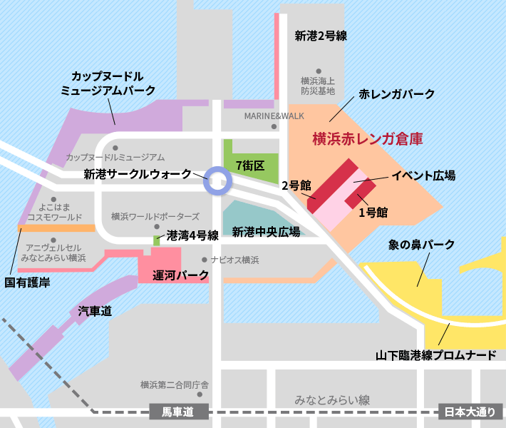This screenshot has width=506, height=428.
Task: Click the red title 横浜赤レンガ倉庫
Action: pos(368,139)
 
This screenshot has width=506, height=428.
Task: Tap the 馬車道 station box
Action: pos(179,412)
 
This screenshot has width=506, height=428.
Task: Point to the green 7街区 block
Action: pos(249,165)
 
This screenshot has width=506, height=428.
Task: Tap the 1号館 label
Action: pos(373,213)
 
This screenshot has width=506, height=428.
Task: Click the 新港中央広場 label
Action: pos(266,232)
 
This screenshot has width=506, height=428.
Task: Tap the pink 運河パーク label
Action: pos(181,275)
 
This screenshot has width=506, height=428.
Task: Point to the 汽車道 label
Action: pos(95,311)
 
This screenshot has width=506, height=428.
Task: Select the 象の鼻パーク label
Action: pos(421,245)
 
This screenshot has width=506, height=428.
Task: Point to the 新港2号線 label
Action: pos(321,36)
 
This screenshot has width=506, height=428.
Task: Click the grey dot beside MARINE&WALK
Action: pos(275,127)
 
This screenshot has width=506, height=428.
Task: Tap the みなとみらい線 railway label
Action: pos(333,399)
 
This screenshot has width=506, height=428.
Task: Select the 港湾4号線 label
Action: pos(192,234)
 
